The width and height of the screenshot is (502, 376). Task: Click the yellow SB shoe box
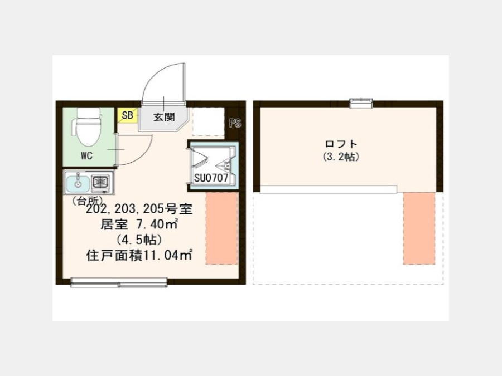[x=127, y=115]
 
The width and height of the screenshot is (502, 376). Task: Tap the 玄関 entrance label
[x=164, y=117]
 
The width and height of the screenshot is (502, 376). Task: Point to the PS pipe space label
[x=235, y=123]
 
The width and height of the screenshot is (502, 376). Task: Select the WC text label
[x=86, y=156]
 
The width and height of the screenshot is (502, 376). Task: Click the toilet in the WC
[x=88, y=126]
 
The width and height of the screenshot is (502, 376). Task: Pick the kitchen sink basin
[x=77, y=182]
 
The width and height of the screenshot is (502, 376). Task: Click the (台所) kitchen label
[x=87, y=201]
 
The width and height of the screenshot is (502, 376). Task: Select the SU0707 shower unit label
[x=211, y=178]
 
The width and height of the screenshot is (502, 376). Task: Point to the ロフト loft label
[x=341, y=144]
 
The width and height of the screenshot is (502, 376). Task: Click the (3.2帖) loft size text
[x=341, y=157]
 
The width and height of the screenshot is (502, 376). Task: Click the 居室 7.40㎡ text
[x=139, y=224]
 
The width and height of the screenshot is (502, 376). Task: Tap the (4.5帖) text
[x=139, y=240]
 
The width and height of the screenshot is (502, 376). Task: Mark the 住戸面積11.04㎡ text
[x=139, y=256]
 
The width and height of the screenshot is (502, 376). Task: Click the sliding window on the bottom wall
[x=119, y=282]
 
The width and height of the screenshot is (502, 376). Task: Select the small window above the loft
[x=361, y=103]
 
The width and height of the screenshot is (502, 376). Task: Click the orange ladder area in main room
[x=222, y=228]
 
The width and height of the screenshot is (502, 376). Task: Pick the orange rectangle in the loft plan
[x=419, y=228]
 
